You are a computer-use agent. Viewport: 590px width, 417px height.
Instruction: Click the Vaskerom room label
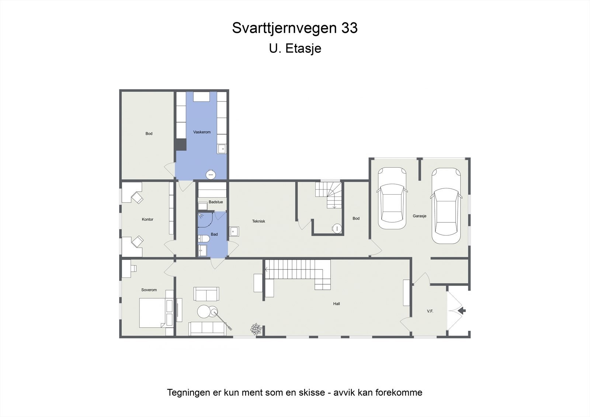(x=202, y=132)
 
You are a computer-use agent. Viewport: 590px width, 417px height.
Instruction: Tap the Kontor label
(x=147, y=219)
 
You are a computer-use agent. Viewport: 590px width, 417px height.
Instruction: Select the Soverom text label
(x=149, y=290)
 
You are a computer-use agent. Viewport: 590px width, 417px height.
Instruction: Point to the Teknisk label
(x=258, y=221)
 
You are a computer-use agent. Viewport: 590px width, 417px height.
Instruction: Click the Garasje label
(x=420, y=216)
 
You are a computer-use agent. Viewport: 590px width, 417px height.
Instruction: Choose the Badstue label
(x=216, y=202)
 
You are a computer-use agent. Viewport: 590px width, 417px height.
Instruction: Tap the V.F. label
(x=430, y=311)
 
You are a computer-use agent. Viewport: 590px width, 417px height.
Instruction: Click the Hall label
(x=336, y=304)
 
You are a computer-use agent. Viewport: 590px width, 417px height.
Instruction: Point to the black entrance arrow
(x=461, y=311)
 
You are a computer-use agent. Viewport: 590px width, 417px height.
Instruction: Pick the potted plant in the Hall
(x=256, y=329)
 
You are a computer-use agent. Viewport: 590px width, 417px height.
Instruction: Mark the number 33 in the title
(x=349, y=28)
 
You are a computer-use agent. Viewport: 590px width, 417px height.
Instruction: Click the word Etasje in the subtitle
(x=303, y=48)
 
